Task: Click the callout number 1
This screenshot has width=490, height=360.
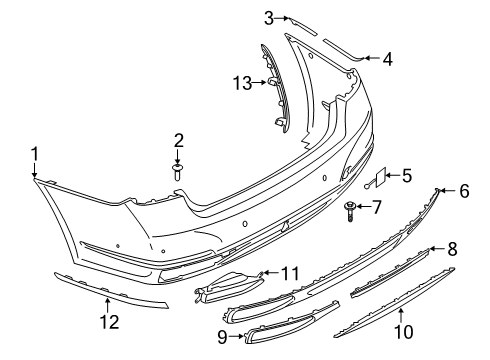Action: click(x=35, y=154)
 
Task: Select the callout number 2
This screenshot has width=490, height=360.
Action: click(x=178, y=140)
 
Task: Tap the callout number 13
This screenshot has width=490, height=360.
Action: click(x=243, y=82)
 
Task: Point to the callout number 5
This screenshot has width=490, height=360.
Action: click(x=406, y=176)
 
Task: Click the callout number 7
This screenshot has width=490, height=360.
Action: click(x=376, y=207)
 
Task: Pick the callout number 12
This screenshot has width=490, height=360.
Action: click(x=109, y=322)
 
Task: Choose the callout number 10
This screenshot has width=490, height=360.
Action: click(x=404, y=332)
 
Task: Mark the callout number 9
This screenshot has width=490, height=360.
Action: click(x=222, y=337)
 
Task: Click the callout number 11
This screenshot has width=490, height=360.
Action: click(x=290, y=273)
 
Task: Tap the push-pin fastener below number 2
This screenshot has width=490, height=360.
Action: click(x=177, y=171)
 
